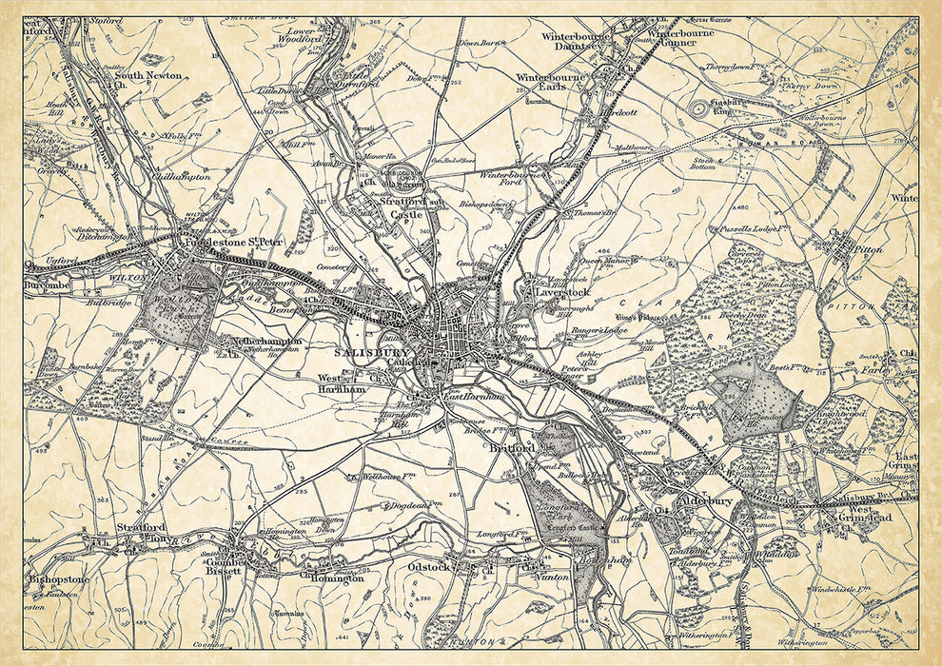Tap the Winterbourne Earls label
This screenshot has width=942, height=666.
pyautogui.click(x=552, y=83)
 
